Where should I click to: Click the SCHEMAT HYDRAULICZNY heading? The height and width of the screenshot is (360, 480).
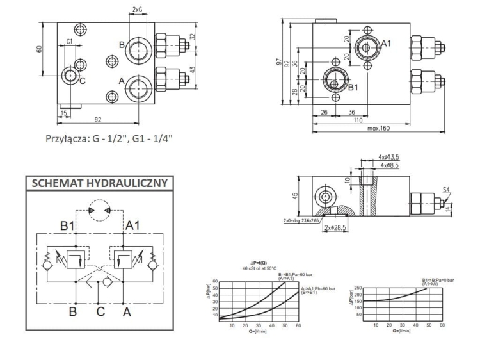point(97,183)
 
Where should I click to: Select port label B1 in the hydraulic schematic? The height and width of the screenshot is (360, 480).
point(68,225)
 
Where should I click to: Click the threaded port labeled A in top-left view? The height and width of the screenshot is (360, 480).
point(138,86)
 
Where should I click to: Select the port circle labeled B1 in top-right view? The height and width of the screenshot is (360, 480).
point(335,81)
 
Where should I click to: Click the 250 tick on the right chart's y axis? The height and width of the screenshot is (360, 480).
point(360,287)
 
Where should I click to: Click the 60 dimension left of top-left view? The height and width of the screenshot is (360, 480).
point(40,49)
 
